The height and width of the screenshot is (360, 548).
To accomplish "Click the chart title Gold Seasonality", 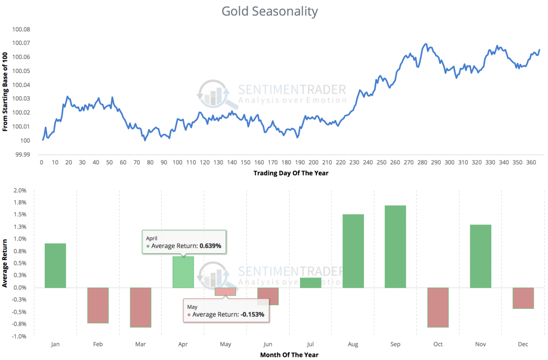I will pos(269,11).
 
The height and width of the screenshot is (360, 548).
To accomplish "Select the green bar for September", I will pos(395,247).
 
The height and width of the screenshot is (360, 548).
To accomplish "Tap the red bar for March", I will pos(141,307).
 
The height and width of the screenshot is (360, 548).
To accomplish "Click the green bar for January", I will pos(55,266).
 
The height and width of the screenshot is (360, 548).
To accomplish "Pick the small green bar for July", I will pos(311,283).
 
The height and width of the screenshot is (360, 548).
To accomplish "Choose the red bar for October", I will pos(438,307).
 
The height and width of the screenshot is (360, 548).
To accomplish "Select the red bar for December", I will pos(523,298).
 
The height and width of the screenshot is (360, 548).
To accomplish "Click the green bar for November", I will pos(480,256).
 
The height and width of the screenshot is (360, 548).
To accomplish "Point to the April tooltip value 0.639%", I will pos(211,246).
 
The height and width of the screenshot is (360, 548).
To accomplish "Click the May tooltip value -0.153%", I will pos(251,314).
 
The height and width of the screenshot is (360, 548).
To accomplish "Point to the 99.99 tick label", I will pos(23,155).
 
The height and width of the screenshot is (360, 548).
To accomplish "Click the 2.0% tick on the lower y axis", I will pos(21,190).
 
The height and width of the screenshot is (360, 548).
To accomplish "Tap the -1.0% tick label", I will pos(20,336).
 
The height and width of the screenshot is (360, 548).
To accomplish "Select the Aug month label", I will pos(353,344).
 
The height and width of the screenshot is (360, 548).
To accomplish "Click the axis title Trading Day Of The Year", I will pos(290,173).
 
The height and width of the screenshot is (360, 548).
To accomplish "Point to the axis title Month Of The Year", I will pos(289,355).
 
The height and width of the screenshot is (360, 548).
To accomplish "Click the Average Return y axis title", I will pos(5,263).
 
